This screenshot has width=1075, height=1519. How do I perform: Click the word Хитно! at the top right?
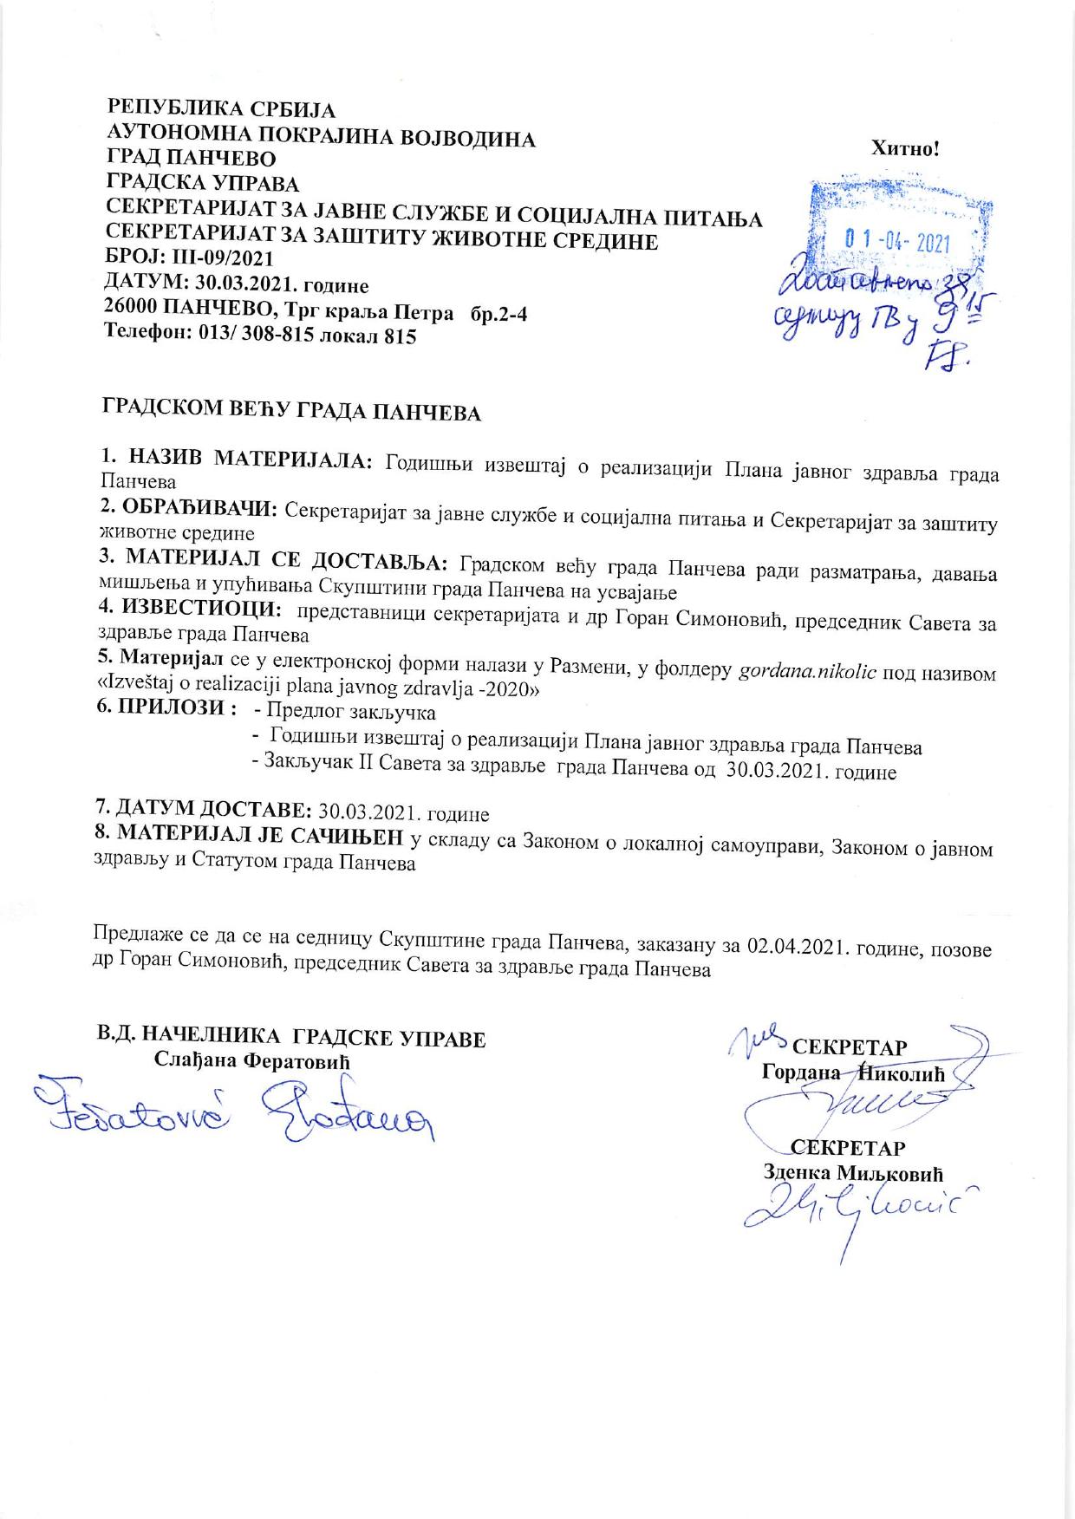click(906, 148)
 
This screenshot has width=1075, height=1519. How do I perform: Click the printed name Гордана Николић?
click(851, 1072)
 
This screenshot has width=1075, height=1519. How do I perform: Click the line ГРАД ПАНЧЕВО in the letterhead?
click(191, 160)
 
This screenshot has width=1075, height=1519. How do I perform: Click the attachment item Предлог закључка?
click(350, 713)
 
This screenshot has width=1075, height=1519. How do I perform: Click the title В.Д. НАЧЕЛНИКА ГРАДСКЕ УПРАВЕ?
click(291, 1038)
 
